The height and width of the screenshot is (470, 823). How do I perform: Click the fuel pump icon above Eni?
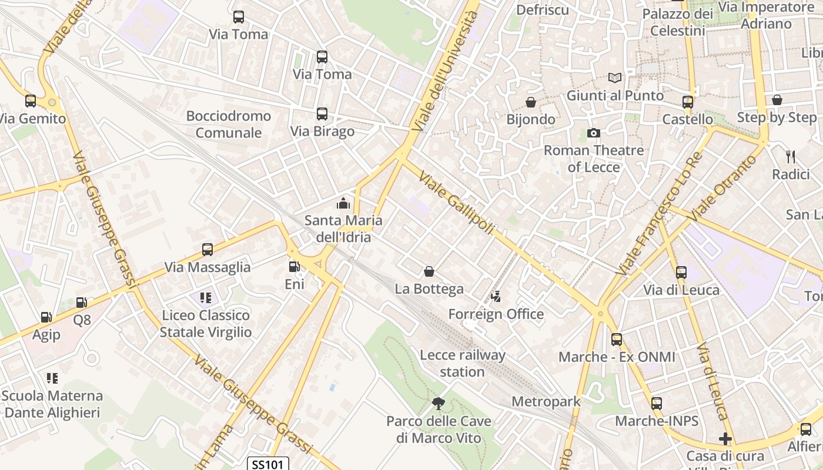(x=293, y=267)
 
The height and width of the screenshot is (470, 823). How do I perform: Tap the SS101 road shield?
(x=267, y=464)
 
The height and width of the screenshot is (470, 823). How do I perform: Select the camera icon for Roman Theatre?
(x=594, y=133)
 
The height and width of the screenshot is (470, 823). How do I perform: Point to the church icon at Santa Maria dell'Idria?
(x=343, y=204)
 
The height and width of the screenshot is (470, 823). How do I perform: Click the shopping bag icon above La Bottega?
(x=429, y=271)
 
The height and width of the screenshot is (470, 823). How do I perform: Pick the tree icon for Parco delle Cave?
(x=438, y=403)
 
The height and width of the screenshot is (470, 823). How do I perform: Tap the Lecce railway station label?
(x=463, y=363)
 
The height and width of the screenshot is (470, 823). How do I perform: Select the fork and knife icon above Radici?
(x=791, y=157)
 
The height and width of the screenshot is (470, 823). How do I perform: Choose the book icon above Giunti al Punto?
(x=615, y=78)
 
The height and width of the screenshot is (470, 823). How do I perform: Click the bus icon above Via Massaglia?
(x=208, y=250)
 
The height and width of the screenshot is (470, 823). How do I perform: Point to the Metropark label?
(x=546, y=402)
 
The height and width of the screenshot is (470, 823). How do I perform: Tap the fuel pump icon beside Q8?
(x=82, y=303)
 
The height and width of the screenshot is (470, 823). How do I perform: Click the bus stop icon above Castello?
(x=688, y=102)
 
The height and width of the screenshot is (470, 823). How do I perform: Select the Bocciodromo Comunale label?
(x=229, y=125)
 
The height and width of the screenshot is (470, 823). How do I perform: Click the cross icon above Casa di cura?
(x=725, y=439)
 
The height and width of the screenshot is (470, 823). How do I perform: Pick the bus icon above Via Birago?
(x=322, y=114)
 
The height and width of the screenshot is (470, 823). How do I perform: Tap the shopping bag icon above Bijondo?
(x=531, y=102)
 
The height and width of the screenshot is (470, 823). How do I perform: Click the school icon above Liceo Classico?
(x=206, y=298)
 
